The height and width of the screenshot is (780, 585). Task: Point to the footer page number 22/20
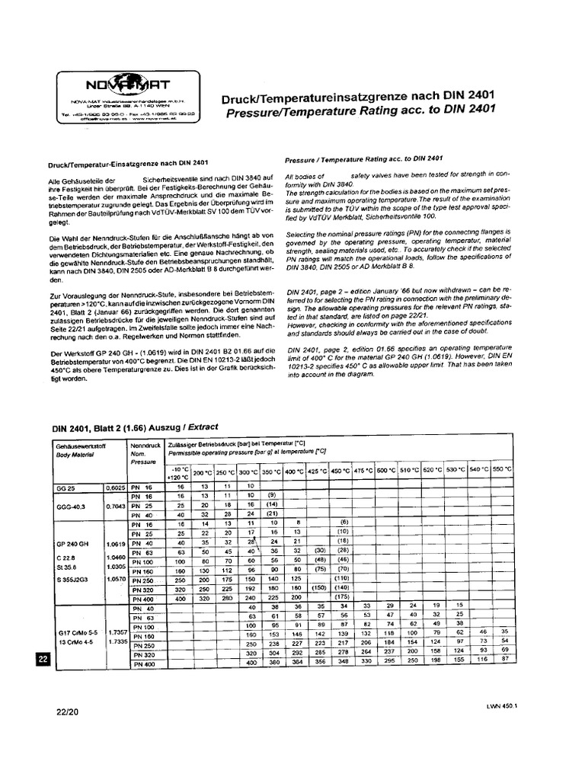[67, 714]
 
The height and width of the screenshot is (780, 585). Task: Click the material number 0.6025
[114, 487]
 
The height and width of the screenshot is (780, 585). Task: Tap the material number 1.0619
[117, 544]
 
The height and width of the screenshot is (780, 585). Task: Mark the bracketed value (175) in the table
[343, 598]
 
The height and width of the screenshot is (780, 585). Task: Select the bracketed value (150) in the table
[320, 588]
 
